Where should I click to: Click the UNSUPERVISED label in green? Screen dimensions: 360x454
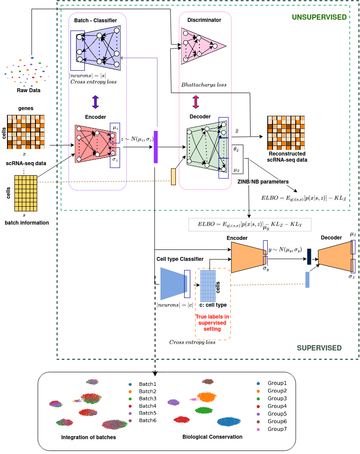(x=319, y=17)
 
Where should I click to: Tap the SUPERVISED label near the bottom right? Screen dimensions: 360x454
(x=319, y=348)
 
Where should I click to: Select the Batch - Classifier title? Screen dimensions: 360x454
(x=95, y=20)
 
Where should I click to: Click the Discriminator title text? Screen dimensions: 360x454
(x=204, y=20)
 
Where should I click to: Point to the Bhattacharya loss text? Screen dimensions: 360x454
(x=204, y=84)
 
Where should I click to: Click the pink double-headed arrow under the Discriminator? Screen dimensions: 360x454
(x=196, y=102)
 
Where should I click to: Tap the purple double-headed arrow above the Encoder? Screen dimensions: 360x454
(x=95, y=102)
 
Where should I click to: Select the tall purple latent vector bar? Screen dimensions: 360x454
(x=156, y=147)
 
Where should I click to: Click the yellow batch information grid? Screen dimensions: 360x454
(x=26, y=193)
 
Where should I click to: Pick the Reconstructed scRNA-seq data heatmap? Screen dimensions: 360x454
(x=286, y=133)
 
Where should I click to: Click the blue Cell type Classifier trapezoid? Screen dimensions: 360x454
(x=174, y=284)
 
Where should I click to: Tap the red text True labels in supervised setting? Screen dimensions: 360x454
(x=212, y=323)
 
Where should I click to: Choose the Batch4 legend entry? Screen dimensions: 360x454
(x=143, y=406)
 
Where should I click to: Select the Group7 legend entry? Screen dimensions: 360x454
(x=272, y=429)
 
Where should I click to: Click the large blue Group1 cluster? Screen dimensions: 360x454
(x=229, y=422)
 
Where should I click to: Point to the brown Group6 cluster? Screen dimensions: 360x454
(x=208, y=381)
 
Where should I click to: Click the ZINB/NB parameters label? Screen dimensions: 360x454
(x=263, y=181)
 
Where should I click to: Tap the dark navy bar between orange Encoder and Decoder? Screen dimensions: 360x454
(x=309, y=256)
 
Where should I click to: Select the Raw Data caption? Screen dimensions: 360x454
(x=28, y=90)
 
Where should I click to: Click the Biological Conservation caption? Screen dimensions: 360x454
(x=212, y=437)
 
